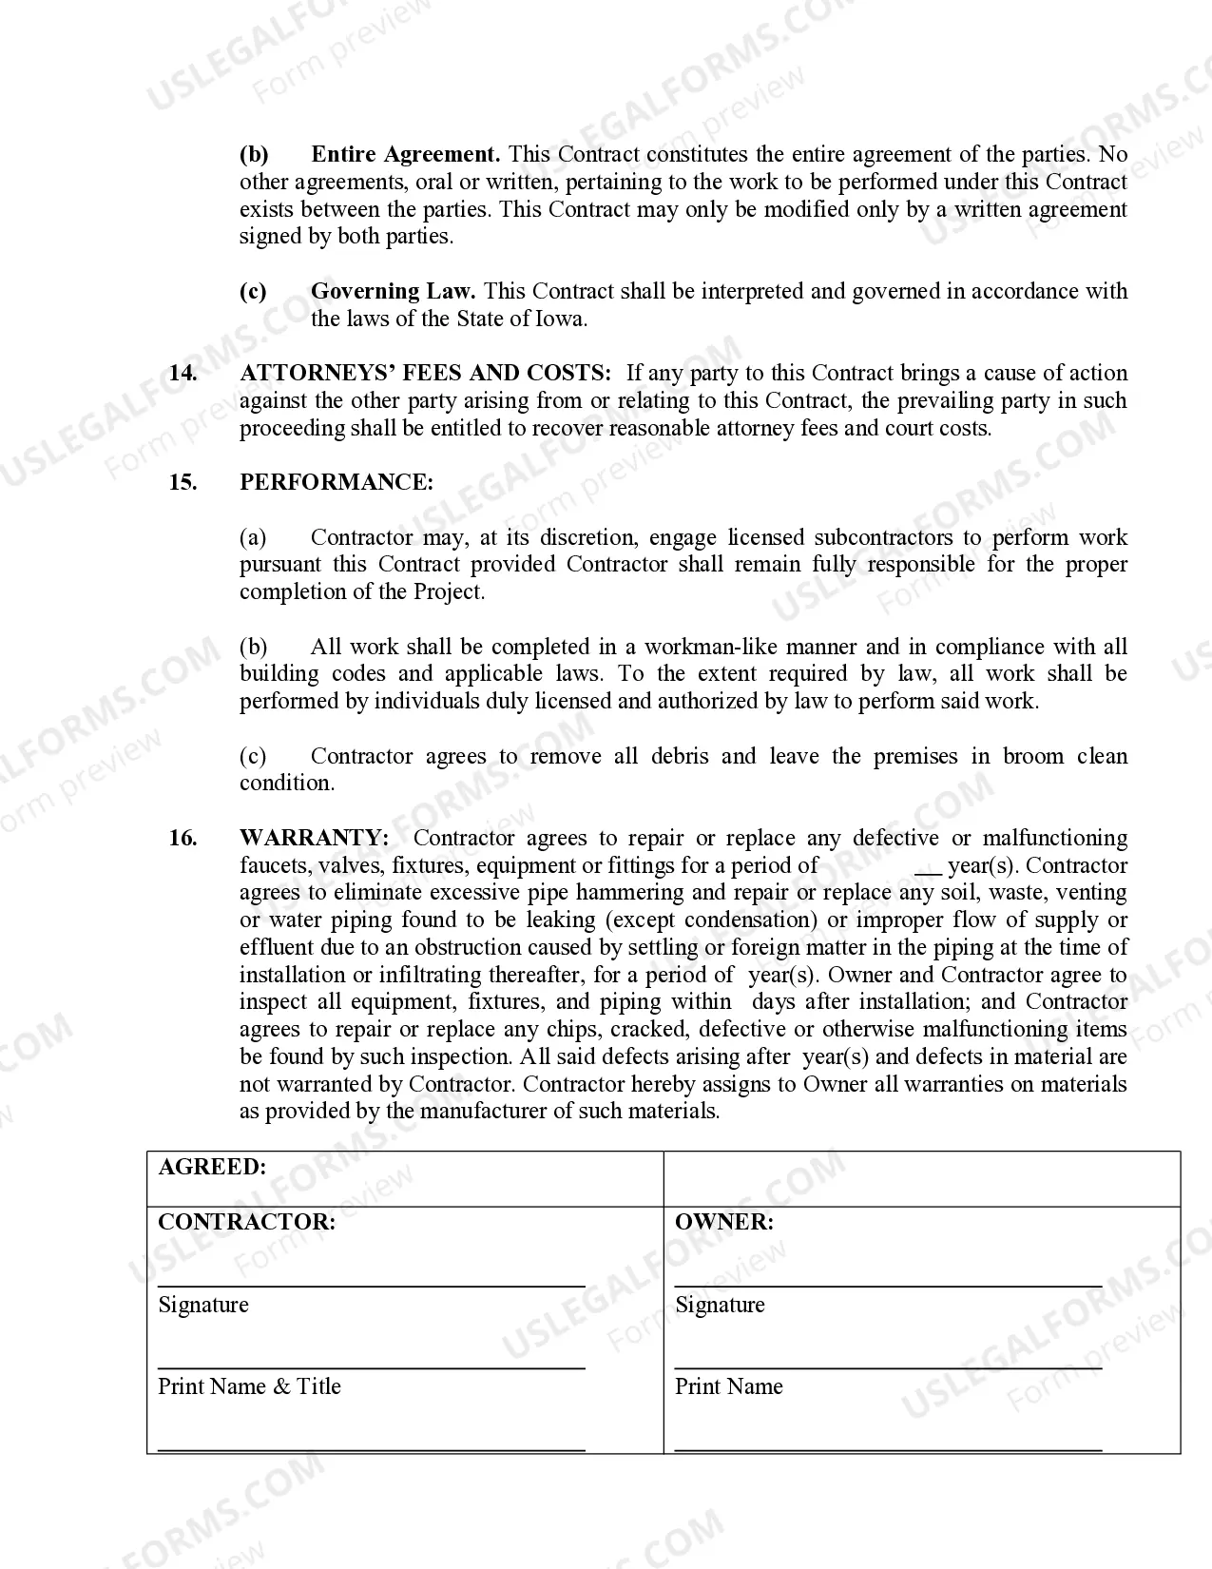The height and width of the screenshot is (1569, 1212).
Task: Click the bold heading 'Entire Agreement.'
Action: pos(406,154)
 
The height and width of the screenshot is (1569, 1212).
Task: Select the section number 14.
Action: pos(183,373)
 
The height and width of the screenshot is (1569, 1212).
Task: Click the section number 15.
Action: pos(183,482)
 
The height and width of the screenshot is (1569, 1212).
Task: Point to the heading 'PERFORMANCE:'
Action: pos(336,482)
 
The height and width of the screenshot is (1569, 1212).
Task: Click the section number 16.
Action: pos(183,838)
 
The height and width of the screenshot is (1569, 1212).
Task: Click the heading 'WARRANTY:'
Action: pos(314,838)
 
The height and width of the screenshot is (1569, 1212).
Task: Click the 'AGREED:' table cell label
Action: pos(212,1167)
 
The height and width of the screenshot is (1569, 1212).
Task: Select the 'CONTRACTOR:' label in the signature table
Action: pos(246,1222)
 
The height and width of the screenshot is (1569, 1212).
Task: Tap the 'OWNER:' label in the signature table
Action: pos(723,1222)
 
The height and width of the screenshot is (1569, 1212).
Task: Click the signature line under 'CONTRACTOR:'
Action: pos(371,1285)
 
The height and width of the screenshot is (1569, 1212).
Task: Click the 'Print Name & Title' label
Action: pos(249,1386)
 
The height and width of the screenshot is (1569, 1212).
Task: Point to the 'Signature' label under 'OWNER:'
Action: pos(720,1305)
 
